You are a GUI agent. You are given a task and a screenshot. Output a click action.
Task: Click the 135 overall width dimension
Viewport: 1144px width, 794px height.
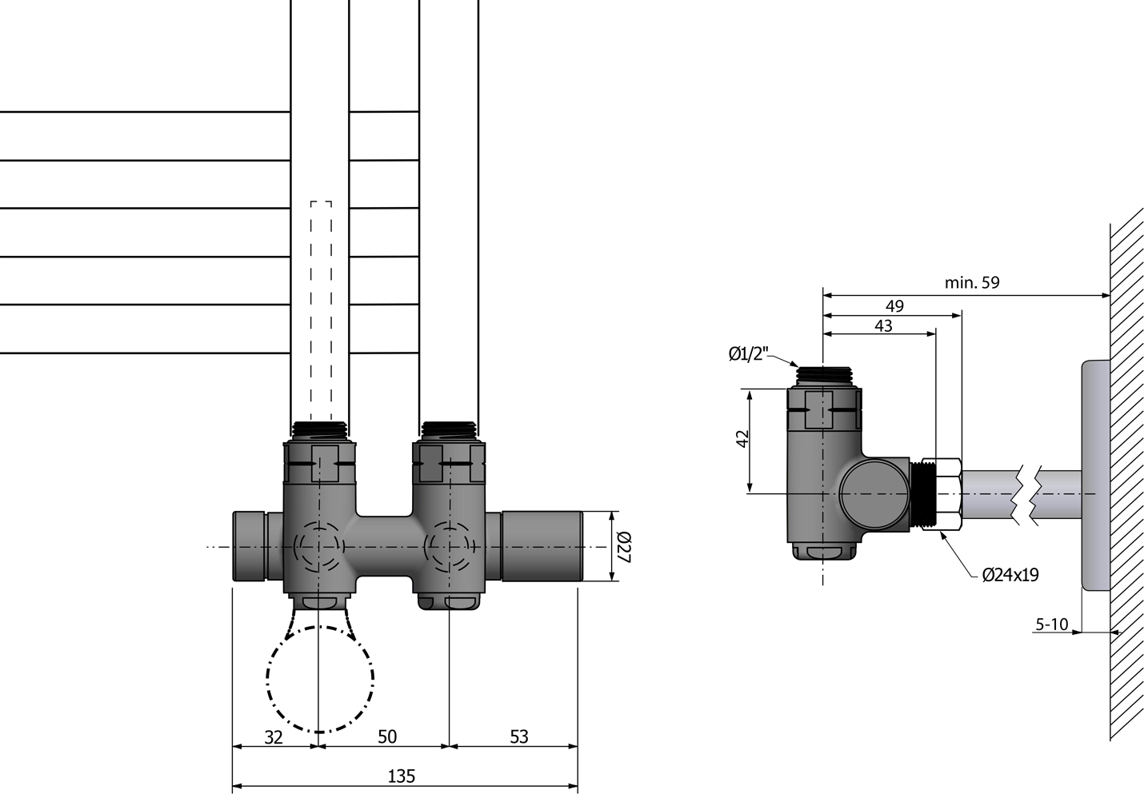click(402, 776)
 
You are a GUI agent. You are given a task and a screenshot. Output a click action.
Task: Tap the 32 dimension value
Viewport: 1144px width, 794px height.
click(274, 737)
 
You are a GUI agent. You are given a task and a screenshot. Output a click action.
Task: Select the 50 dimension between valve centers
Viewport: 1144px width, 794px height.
click(387, 736)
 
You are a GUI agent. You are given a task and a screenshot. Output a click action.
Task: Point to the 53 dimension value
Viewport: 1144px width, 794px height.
click(519, 736)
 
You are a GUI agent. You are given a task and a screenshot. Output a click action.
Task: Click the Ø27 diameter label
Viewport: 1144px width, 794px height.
click(624, 548)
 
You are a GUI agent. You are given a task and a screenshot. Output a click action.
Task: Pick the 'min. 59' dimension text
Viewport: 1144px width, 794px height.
click(972, 282)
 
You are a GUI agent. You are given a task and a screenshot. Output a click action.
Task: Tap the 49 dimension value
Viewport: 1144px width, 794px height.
click(894, 306)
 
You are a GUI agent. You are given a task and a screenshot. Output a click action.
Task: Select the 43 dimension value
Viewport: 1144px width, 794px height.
click(883, 325)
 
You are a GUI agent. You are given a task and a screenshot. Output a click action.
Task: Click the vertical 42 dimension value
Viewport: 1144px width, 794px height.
click(742, 439)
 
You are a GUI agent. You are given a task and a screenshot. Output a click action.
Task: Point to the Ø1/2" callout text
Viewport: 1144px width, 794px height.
click(749, 353)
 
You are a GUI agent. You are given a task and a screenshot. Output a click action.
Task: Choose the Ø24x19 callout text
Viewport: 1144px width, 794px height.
click(1010, 575)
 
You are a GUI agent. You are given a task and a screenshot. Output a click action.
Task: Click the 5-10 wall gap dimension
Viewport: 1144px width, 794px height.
click(1052, 624)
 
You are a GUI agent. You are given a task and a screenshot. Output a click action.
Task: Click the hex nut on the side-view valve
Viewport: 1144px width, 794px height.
click(949, 494)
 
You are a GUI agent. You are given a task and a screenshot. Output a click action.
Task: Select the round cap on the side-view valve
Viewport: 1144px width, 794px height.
click(874, 495)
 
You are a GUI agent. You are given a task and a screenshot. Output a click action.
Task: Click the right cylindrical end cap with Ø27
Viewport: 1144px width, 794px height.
click(542, 546)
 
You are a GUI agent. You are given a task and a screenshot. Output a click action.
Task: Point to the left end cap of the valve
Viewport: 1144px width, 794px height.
click(250, 546)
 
